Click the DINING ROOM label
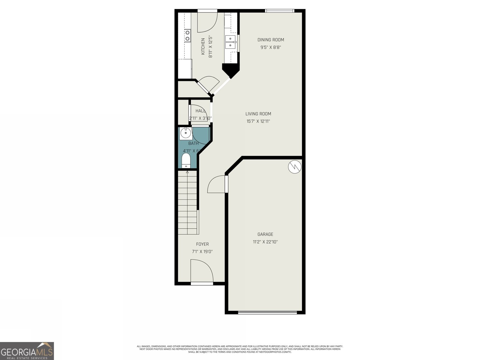(271, 40)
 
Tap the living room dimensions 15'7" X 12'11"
(258, 121)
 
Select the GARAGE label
(265, 234)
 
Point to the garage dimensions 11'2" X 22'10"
(265, 242)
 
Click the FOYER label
(202, 244)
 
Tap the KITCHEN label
(203, 46)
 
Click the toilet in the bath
(186, 161)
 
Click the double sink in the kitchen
(230, 42)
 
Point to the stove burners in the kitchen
(187, 35)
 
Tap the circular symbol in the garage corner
(295, 167)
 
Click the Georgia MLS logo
(27, 351)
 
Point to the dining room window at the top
(280, 11)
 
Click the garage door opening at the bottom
(267, 312)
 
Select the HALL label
(200, 111)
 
